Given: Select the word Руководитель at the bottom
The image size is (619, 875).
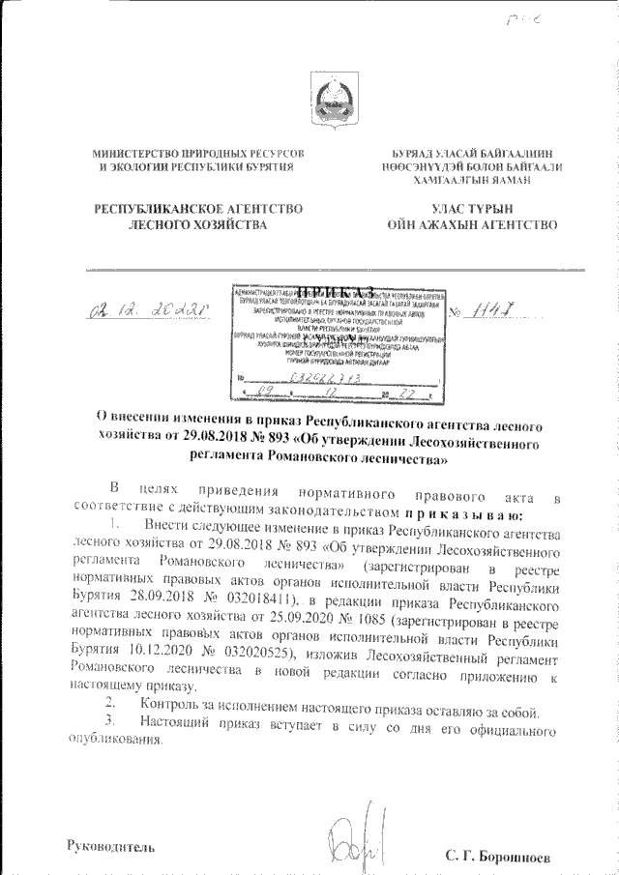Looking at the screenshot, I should pyautogui.click(x=108, y=847).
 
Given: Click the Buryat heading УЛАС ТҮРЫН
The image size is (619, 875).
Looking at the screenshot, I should pyautogui.click(x=471, y=209).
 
